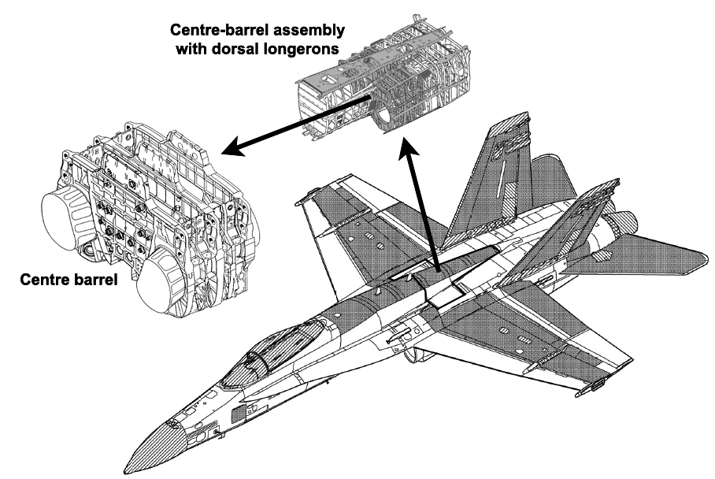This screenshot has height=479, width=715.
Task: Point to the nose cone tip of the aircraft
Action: pos(125,460)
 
